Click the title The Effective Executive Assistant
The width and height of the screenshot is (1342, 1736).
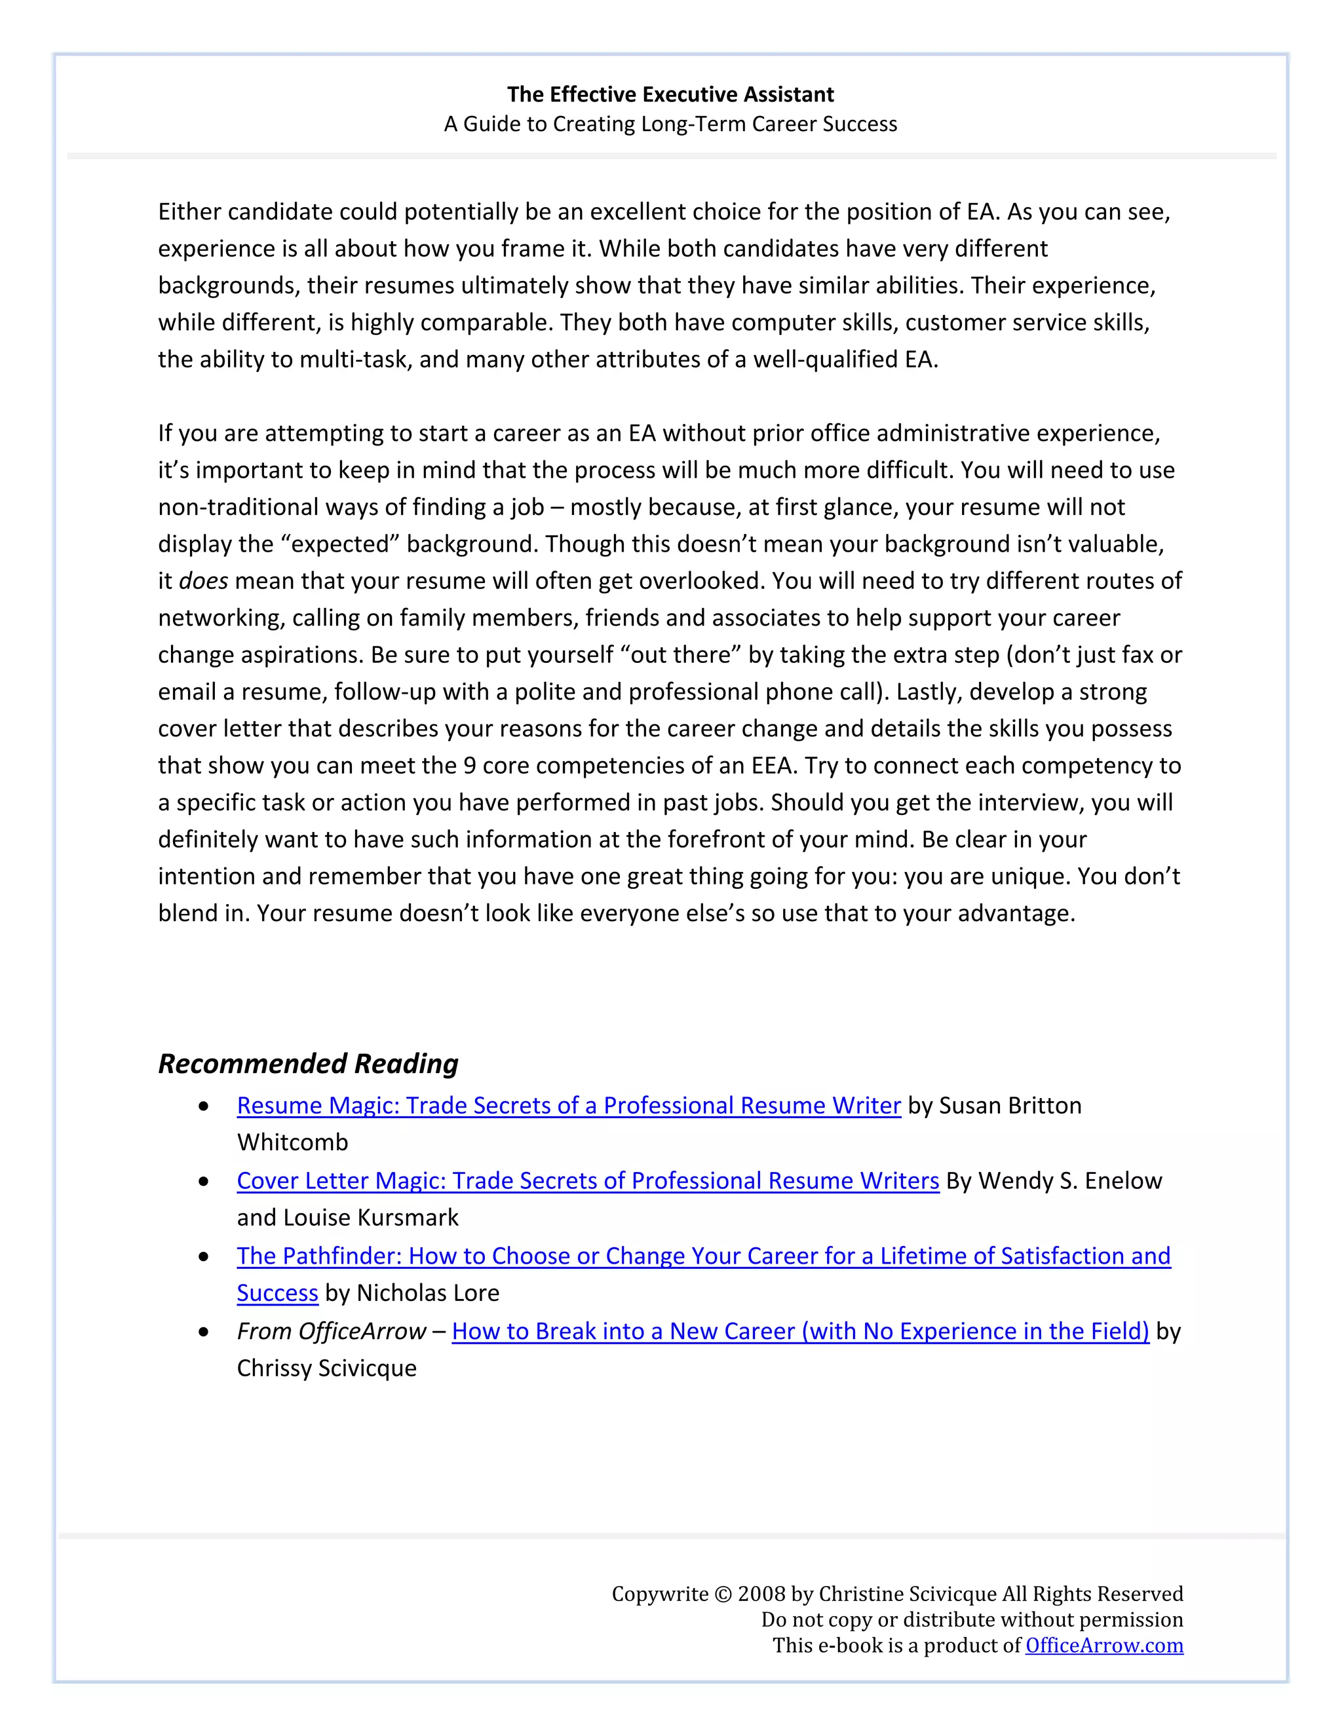coord(670,94)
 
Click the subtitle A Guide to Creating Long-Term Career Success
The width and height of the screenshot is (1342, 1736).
coord(670,124)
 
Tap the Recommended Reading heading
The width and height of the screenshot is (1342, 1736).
coord(308,1063)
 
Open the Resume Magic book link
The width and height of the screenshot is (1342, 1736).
coord(568,1106)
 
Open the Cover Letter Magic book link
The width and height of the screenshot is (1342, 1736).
coord(588,1181)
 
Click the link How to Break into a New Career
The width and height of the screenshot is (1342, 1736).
coord(800,1331)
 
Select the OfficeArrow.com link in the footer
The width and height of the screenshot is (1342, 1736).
coord(1103,1646)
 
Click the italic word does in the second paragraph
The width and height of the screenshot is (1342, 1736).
coord(204,581)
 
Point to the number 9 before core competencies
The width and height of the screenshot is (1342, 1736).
coord(469,765)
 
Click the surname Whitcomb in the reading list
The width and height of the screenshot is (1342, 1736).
coord(292,1143)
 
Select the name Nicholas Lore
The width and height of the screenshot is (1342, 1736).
coord(428,1293)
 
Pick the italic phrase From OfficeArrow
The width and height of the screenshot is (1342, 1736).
coord(332,1331)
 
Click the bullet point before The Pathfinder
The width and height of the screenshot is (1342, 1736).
coord(204,1256)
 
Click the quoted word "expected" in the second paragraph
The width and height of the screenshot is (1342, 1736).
coord(340,544)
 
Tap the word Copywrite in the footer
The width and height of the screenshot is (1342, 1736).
coord(659,1594)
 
